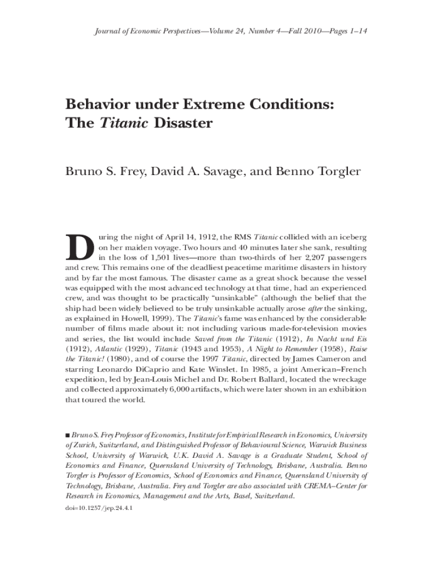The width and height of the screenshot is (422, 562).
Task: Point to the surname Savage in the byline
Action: [x=219, y=171]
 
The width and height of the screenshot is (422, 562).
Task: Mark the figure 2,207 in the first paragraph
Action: [x=307, y=257]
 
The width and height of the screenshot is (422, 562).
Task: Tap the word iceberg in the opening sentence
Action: [x=351, y=237]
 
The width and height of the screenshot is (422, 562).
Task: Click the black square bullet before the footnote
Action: [x=68, y=435]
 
